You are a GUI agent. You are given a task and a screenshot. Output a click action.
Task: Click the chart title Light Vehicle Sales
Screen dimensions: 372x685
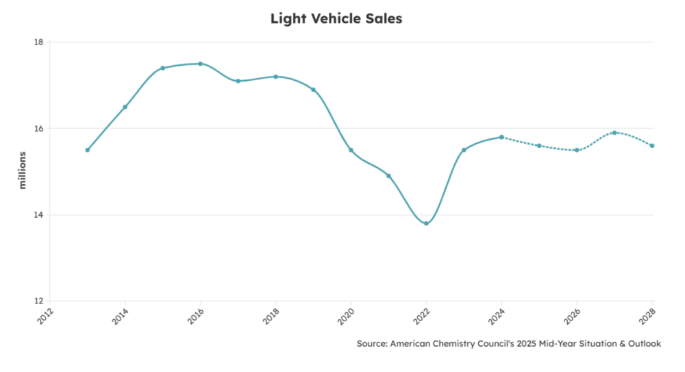tap(336, 18)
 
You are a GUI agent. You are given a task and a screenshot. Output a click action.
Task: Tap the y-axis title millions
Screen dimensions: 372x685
tap(22, 171)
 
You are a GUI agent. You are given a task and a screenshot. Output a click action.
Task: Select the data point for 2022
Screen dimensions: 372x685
tap(426, 223)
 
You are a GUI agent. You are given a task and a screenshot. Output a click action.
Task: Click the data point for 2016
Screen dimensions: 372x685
tap(200, 64)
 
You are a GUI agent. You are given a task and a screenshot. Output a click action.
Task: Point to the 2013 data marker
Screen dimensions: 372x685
tap(88, 150)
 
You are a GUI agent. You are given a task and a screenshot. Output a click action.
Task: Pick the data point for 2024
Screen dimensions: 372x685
tap(501, 137)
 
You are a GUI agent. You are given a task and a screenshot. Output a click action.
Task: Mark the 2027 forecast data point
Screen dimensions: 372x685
tap(614, 133)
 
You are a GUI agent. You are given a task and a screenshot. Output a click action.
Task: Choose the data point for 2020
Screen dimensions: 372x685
tap(351, 150)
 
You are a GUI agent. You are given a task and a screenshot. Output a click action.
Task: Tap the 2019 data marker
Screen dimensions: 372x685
tap(313, 90)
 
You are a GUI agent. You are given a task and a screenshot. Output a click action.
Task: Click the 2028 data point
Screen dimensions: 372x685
tap(652, 146)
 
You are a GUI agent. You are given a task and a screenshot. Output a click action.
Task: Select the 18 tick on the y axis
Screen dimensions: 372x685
tap(38, 42)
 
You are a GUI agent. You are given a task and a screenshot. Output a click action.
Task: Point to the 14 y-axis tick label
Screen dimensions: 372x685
tap(38, 215)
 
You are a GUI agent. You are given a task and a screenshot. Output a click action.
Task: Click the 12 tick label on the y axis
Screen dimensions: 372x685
tap(38, 301)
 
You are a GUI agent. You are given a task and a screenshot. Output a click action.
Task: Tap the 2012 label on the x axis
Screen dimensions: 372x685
tap(43, 316)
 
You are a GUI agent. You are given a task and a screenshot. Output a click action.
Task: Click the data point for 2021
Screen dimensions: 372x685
tap(388, 176)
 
